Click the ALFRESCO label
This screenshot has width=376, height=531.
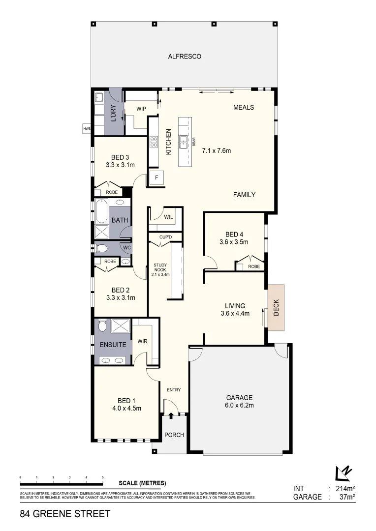pyautogui.click(x=185, y=57)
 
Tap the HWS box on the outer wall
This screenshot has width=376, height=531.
pyautogui.click(x=87, y=129)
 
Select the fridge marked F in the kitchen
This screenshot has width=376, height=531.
pyautogui.click(x=157, y=177)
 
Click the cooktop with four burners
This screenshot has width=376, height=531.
pyautogui.click(x=153, y=142)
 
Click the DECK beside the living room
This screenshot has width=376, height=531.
pyautogui.click(x=276, y=307)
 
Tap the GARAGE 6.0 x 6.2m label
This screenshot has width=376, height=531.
pyautogui.click(x=239, y=401)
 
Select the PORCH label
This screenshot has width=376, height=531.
pyautogui.click(x=174, y=435)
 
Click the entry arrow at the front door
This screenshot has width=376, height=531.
pyautogui.click(x=171, y=416)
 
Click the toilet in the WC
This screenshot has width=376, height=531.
pyautogui.click(x=102, y=247)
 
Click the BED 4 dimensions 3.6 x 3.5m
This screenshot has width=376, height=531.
pyautogui.click(x=234, y=242)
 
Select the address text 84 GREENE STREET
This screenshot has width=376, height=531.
pyautogui.click(x=65, y=514)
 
